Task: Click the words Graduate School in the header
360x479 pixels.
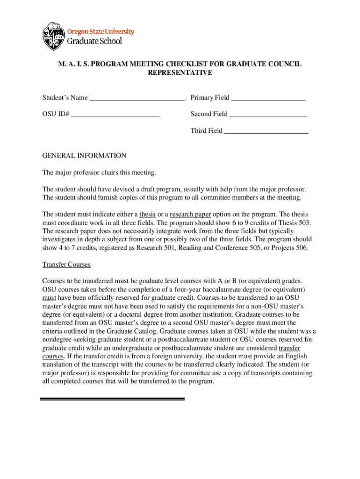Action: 95,41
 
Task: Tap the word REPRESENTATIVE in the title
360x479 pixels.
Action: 180,73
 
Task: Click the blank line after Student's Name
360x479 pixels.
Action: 137,98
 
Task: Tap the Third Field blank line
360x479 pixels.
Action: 266,131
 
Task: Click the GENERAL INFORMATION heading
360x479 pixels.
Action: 84,155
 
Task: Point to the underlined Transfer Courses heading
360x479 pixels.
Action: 66,264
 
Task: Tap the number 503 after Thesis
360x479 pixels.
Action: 304,223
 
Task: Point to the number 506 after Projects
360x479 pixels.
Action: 300,248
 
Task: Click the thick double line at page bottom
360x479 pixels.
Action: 113,399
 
